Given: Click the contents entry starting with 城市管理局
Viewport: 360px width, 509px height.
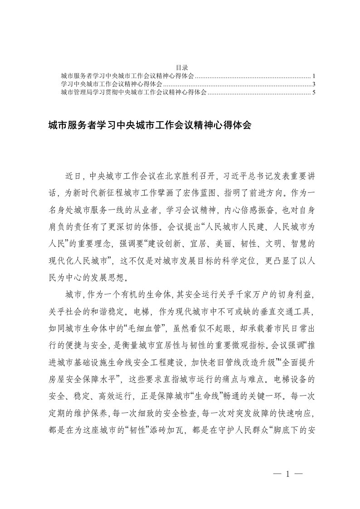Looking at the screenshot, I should tap(134, 92).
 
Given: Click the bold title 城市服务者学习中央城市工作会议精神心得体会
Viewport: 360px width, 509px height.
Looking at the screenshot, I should tap(149, 124).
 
